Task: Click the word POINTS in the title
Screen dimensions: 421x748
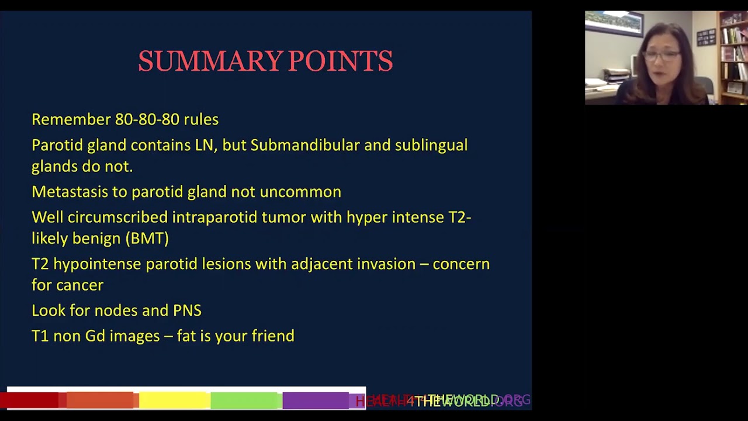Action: pyautogui.click(x=340, y=61)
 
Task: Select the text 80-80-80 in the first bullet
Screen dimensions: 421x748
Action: pyautogui.click(x=147, y=119)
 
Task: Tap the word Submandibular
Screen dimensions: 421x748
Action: pyautogui.click(x=304, y=145)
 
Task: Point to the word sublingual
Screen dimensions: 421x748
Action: pyautogui.click(x=431, y=145)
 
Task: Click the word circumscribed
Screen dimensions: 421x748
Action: pyautogui.click(x=117, y=218)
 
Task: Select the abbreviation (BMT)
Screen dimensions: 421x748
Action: pyautogui.click(x=147, y=239)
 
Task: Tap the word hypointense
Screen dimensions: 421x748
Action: pyautogui.click(x=97, y=264)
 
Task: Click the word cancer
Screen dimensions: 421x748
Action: pyautogui.click(x=80, y=285)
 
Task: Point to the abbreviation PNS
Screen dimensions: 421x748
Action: pyautogui.click(x=187, y=310)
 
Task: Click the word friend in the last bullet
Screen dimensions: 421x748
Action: pyautogui.click(x=273, y=336)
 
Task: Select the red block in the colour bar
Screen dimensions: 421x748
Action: pyautogui.click(x=32, y=401)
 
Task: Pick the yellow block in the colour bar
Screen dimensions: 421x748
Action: pyautogui.click(x=174, y=401)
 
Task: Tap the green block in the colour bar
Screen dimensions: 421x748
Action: pyautogui.click(x=245, y=401)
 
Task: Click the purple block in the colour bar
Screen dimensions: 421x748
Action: pyautogui.click(x=316, y=401)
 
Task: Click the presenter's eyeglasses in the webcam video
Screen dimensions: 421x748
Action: pyautogui.click(x=663, y=56)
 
